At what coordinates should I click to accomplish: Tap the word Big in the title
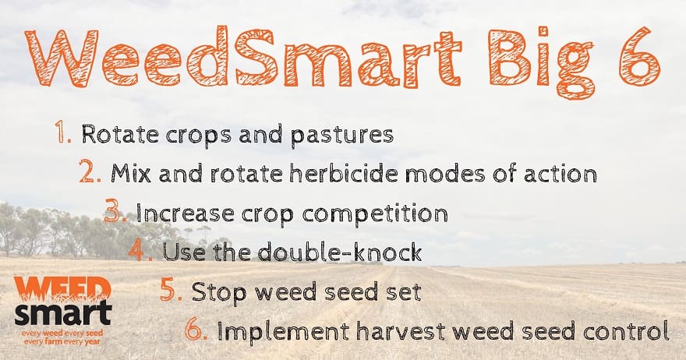(539, 62)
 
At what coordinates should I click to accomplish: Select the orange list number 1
(62, 133)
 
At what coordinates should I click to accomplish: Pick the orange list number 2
(90, 172)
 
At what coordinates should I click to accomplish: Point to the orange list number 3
(115, 211)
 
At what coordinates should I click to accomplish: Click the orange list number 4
(140, 251)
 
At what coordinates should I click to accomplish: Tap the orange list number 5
(171, 291)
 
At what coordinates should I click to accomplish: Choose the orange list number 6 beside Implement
(196, 330)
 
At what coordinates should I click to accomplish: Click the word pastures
(341, 136)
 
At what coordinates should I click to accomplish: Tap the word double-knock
(340, 252)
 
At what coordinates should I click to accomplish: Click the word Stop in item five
(219, 292)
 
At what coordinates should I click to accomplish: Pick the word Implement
(283, 332)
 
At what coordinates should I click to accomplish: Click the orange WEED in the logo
(62, 288)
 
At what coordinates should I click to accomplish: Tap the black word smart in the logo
(63, 313)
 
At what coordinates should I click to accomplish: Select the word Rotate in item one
(120, 134)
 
